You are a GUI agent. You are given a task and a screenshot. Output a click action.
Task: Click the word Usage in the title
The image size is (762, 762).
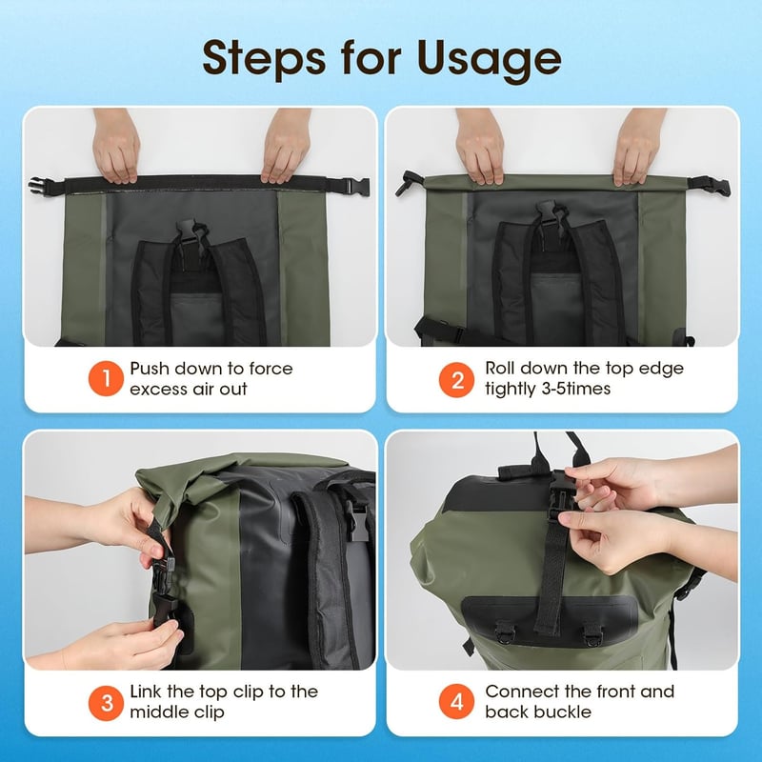click(x=489, y=58)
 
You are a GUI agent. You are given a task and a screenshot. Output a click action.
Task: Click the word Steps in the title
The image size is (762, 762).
click(x=264, y=58)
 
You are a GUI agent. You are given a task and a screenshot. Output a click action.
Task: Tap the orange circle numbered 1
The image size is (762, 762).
click(x=106, y=378)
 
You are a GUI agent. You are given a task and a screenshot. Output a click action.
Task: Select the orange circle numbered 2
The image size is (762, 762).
click(x=457, y=380)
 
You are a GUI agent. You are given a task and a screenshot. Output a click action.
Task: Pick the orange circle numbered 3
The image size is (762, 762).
click(x=106, y=703)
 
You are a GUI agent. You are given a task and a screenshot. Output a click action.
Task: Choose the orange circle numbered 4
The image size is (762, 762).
click(x=457, y=701)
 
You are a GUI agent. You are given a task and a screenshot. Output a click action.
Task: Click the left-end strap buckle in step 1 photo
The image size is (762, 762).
click(x=38, y=187)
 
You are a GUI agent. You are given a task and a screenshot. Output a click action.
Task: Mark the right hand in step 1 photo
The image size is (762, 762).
click(x=287, y=147)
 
